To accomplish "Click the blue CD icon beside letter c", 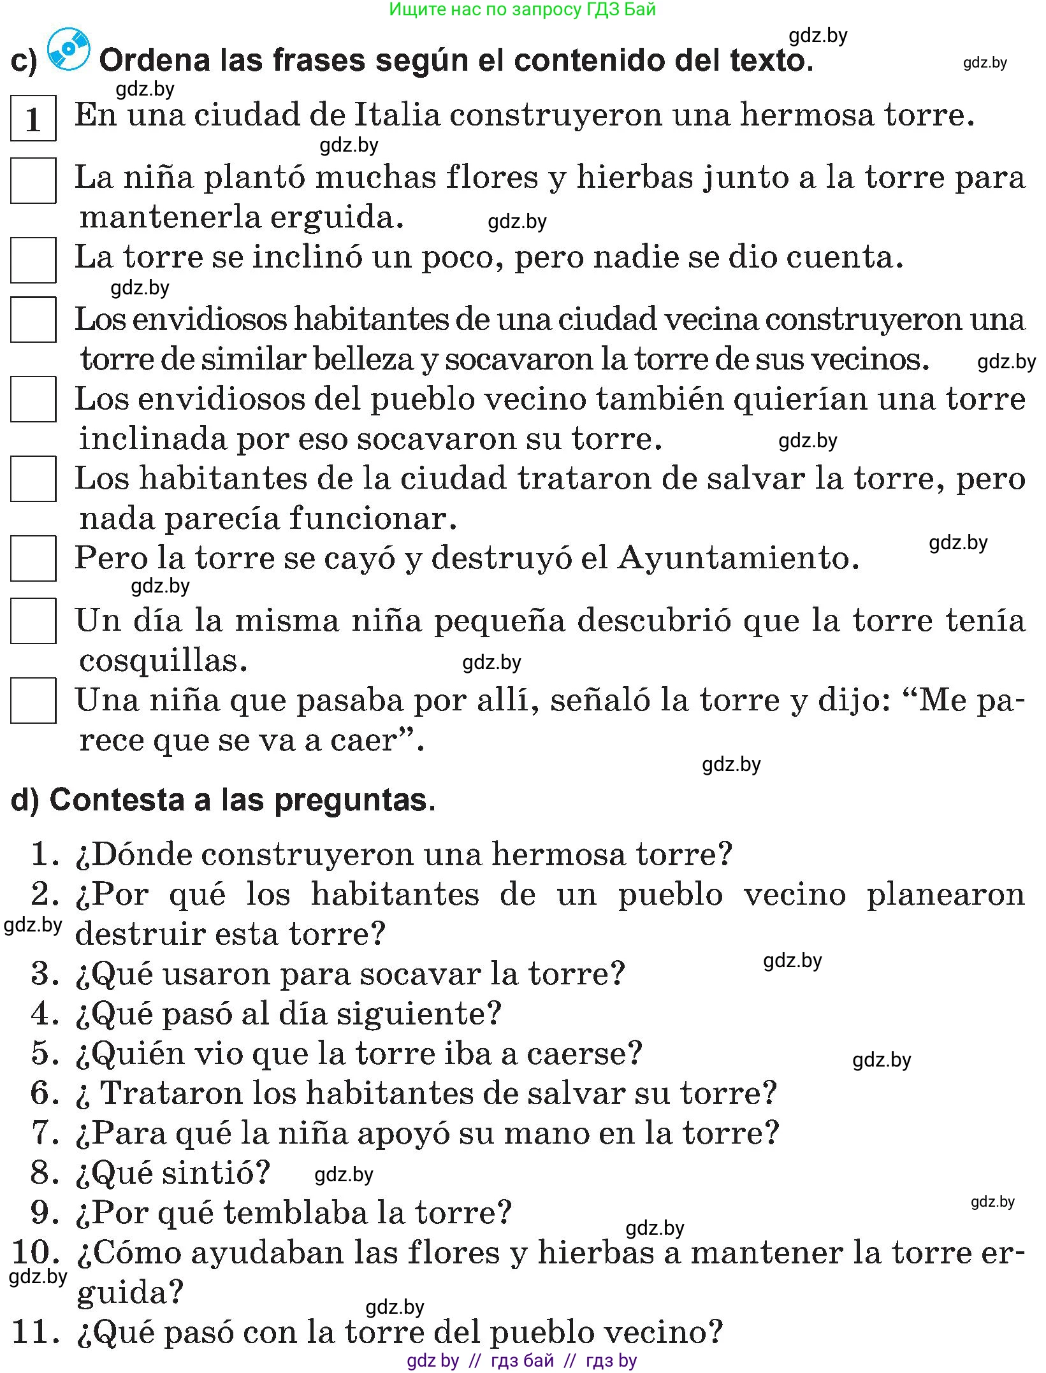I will [69, 49].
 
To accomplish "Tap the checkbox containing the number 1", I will [33, 119].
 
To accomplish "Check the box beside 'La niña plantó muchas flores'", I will [33, 181].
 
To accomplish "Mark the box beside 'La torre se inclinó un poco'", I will [33, 260].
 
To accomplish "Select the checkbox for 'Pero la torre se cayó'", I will [33, 559].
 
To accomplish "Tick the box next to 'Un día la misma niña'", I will [33, 621].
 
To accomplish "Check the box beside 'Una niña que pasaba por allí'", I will [33, 701].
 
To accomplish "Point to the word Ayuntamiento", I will [737, 558].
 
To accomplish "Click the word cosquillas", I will [163, 660].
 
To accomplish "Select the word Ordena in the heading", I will [155, 61].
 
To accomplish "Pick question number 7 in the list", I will [45, 1132].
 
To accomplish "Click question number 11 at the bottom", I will [36, 1332].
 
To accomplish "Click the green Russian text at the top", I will [522, 10].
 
